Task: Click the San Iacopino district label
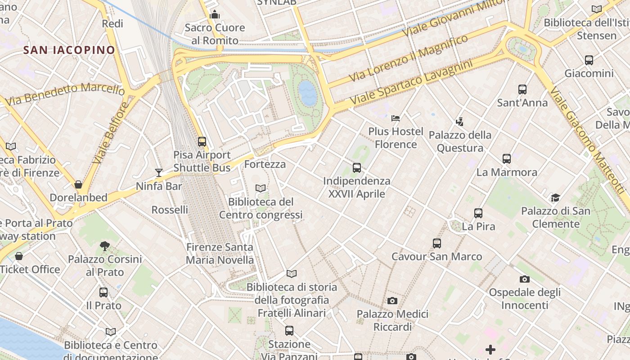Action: pyautogui.click(x=69, y=50)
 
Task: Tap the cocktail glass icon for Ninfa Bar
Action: pyautogui.click(x=158, y=172)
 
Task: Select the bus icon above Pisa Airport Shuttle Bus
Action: pyautogui.click(x=202, y=141)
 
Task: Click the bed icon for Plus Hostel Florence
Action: pyautogui.click(x=396, y=118)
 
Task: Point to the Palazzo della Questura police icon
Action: pyautogui.click(x=459, y=121)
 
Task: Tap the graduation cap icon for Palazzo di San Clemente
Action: pyautogui.click(x=555, y=198)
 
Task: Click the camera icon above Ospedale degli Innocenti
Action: pyautogui.click(x=524, y=279)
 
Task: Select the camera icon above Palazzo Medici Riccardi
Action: pyautogui.click(x=392, y=301)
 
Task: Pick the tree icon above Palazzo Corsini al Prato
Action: pyautogui.click(x=105, y=246)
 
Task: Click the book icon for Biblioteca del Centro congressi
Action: pyautogui.click(x=261, y=188)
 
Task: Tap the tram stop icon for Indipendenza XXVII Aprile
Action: pyautogui.click(x=357, y=168)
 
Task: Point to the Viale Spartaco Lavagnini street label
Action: pyautogui.click(x=412, y=83)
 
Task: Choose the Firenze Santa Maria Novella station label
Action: pyautogui.click(x=220, y=253)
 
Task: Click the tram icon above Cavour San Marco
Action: pyautogui.click(x=436, y=243)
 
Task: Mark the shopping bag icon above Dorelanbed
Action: pyautogui.click(x=78, y=184)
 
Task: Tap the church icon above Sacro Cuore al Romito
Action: pyautogui.click(x=215, y=14)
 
